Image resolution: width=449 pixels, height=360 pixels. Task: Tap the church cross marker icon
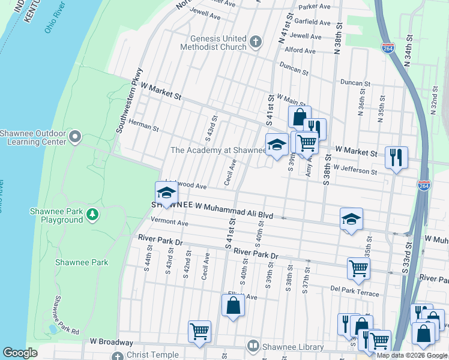(256, 42)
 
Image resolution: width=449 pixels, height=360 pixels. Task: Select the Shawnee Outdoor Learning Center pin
(75, 137)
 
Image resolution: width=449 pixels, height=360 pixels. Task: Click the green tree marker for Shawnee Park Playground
(92, 214)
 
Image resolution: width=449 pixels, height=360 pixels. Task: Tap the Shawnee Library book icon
(254, 346)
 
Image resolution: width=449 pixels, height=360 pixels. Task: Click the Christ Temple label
(157, 355)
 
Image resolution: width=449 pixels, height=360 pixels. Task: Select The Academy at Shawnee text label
(218, 150)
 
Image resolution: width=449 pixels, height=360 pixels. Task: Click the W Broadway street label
(111, 342)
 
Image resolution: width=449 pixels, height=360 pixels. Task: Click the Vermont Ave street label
(170, 223)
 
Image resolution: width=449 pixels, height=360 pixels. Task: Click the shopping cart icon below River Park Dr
(358, 268)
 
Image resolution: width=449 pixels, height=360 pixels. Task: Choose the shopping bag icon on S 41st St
(233, 305)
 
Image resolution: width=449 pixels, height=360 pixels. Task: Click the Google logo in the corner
(20, 353)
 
